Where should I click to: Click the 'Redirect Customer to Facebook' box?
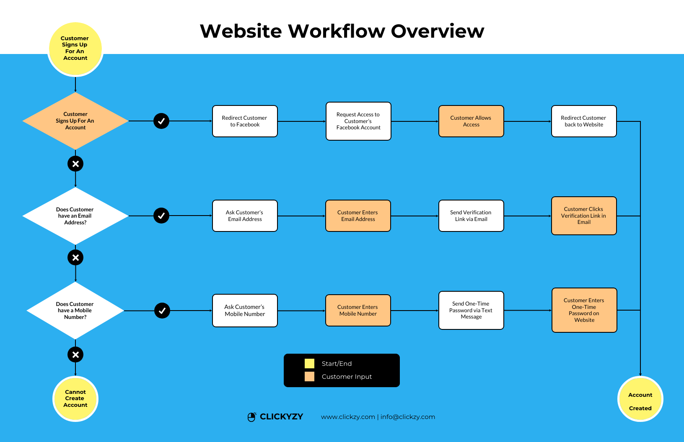click(x=245, y=121)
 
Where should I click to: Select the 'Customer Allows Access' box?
click(x=471, y=121)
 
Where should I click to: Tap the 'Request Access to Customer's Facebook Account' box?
click(x=358, y=121)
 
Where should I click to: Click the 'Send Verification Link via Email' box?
click(x=471, y=216)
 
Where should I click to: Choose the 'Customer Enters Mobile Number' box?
click(x=358, y=311)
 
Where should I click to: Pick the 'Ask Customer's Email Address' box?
click(x=245, y=216)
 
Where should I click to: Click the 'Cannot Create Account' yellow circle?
click(x=75, y=399)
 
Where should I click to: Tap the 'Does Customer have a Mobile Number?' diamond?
click(x=75, y=311)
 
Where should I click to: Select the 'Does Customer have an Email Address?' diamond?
click(x=75, y=216)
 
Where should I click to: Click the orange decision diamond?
click(x=75, y=121)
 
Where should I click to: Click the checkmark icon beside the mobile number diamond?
click(x=162, y=311)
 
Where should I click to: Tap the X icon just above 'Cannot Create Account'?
click(x=75, y=355)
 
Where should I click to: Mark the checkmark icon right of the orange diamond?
click(x=161, y=121)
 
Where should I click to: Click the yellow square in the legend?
click(x=309, y=363)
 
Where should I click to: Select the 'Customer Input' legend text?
click(x=347, y=377)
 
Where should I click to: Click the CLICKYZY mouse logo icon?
click(x=251, y=417)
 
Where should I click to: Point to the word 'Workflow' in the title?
click(x=337, y=31)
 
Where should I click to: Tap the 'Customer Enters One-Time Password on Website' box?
click(x=584, y=310)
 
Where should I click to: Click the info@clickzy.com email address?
click(x=408, y=417)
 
